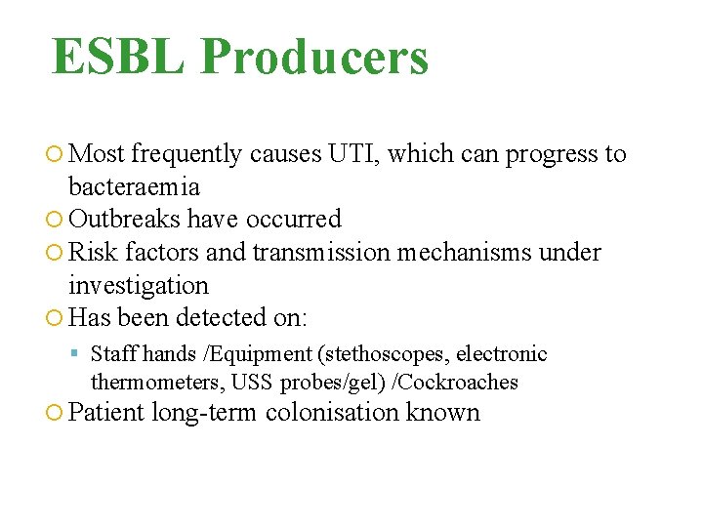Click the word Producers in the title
tap(314, 58)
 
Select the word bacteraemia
tap(134, 186)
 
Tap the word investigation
tap(139, 286)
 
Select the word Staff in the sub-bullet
tap(114, 354)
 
